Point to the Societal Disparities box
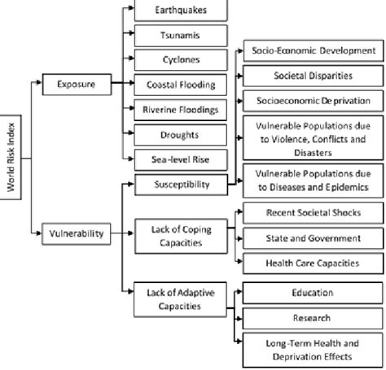click(313, 76)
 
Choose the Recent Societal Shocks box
click(313, 213)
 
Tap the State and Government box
click(313, 237)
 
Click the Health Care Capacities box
click(313, 262)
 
